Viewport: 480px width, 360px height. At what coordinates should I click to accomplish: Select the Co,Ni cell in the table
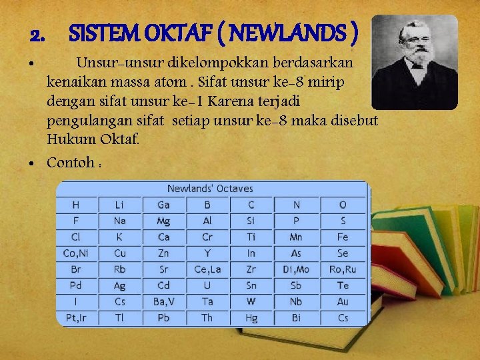pos(76,253)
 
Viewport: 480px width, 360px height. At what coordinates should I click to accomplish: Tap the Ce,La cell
pos(207,269)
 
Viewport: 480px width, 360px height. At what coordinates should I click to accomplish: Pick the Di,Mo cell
pos(296,269)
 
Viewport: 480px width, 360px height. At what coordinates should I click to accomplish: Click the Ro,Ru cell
pos(343,269)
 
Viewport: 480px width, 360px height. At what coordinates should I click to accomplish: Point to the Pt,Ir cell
pos(76,318)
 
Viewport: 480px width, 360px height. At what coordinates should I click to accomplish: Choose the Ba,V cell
pos(163,301)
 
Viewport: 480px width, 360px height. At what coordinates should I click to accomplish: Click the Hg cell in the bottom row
pos(251,318)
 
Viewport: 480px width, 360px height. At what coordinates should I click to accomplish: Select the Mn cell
pos(296,237)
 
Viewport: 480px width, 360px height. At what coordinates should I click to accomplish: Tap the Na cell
pos(119,221)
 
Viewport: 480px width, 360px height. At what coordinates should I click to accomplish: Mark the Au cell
pos(343,301)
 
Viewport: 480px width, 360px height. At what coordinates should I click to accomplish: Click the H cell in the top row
pos(76,205)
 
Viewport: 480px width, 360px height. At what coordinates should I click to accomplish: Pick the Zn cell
pos(163,253)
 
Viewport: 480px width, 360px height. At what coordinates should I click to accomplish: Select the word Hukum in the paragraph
pos(66,140)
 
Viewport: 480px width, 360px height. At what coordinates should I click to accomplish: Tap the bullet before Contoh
pos(32,163)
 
